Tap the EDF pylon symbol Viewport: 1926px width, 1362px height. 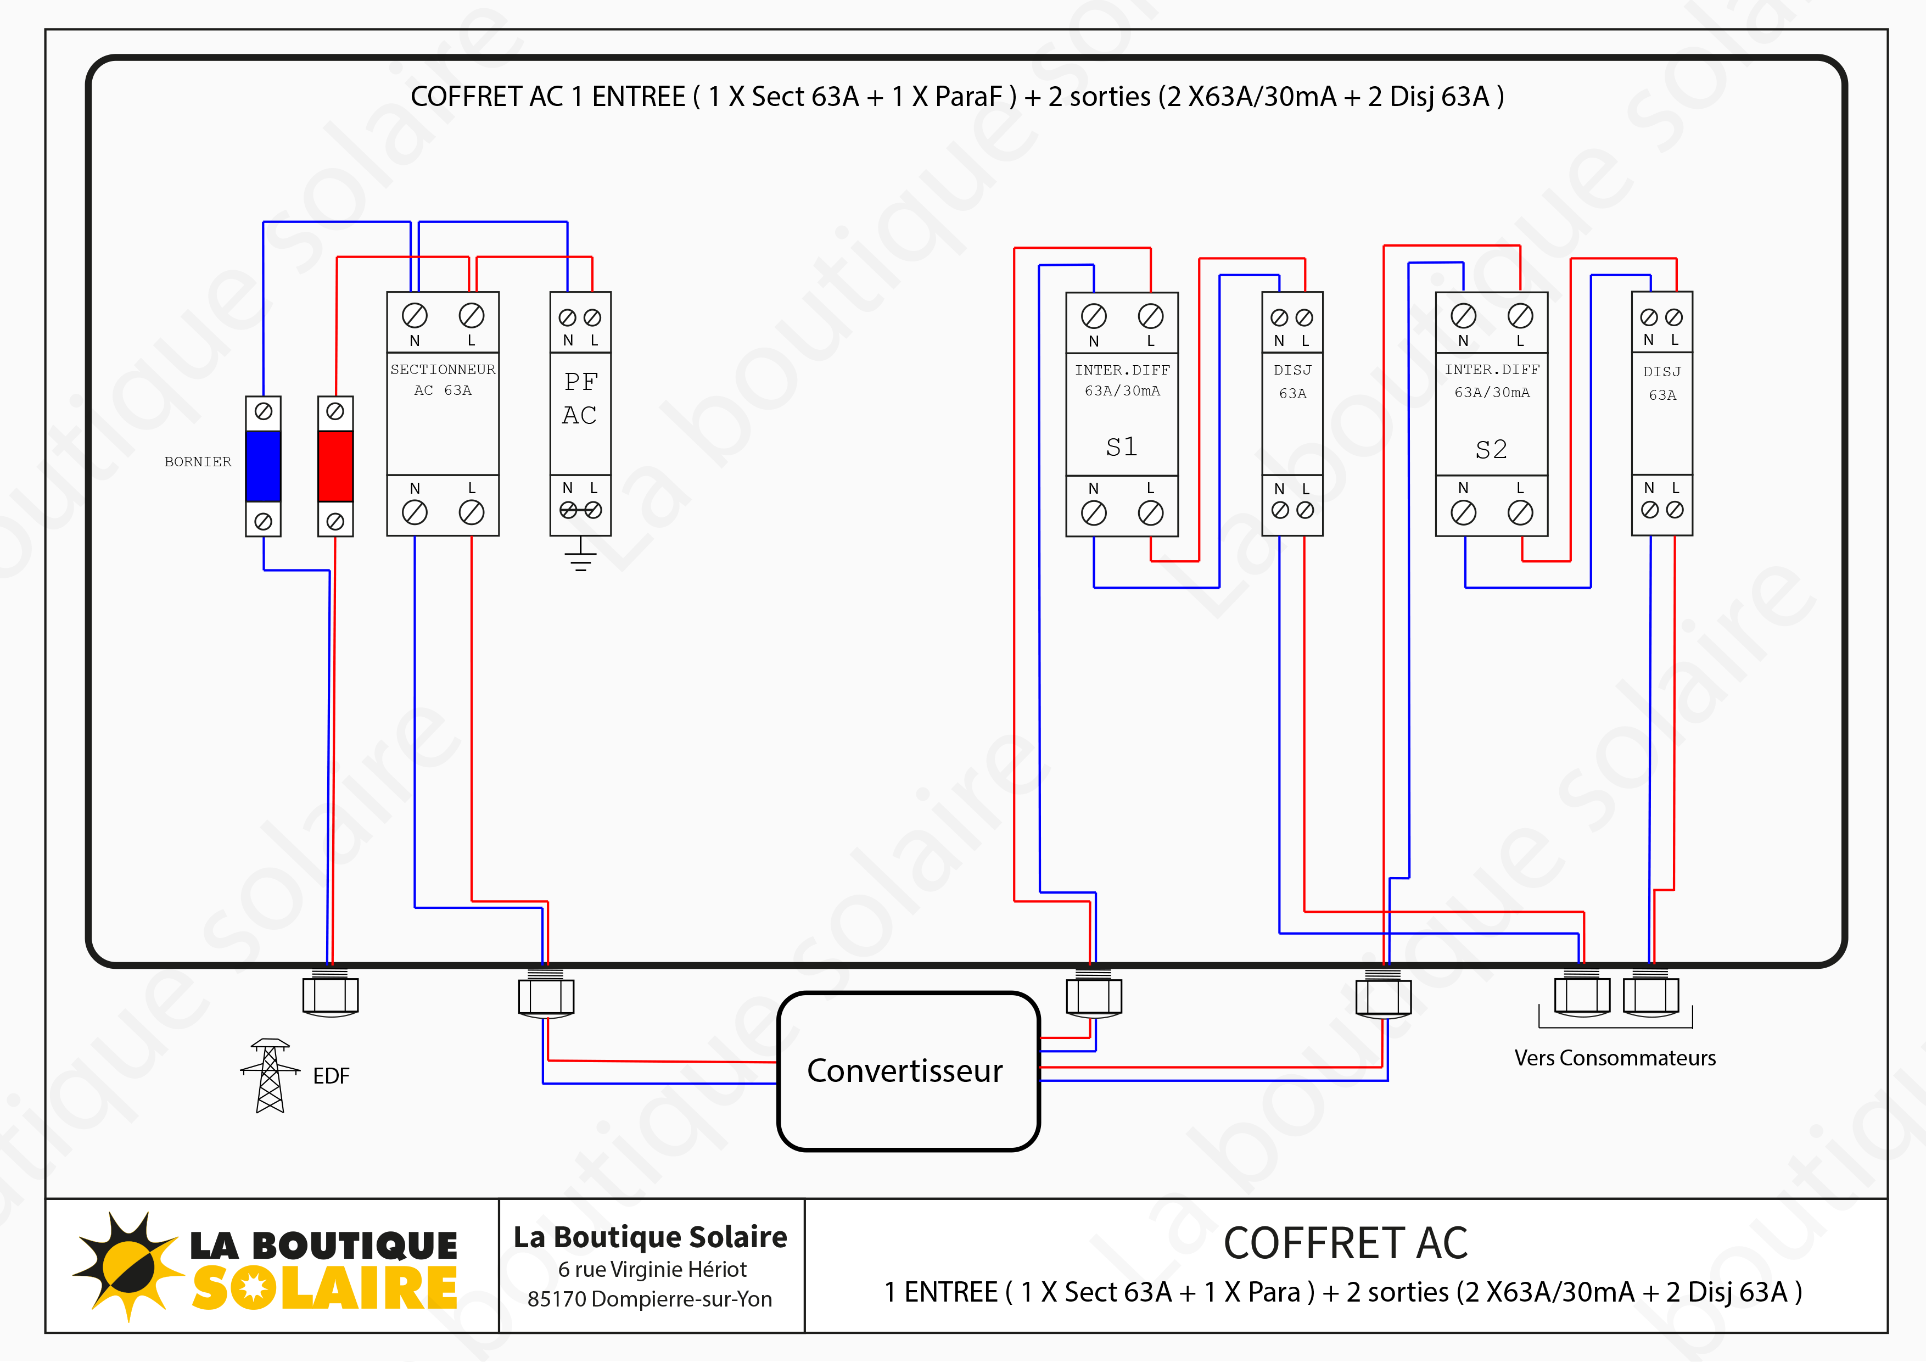(x=269, y=1076)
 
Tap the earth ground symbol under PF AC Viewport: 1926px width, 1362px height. (x=580, y=556)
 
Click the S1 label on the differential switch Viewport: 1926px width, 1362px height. (x=1122, y=446)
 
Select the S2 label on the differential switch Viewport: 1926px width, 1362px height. (x=1491, y=449)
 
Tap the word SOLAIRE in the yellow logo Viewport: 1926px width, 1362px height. (x=324, y=1289)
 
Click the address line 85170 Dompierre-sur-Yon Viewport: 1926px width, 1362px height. (x=650, y=1299)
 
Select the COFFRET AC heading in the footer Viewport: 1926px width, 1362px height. (x=1346, y=1243)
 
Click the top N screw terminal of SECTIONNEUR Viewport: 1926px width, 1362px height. (x=415, y=316)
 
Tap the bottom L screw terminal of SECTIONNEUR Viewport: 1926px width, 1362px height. (x=472, y=512)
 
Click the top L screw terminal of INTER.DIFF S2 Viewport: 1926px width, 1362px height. (x=1520, y=316)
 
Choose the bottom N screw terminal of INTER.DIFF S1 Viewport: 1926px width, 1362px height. (x=1094, y=513)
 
